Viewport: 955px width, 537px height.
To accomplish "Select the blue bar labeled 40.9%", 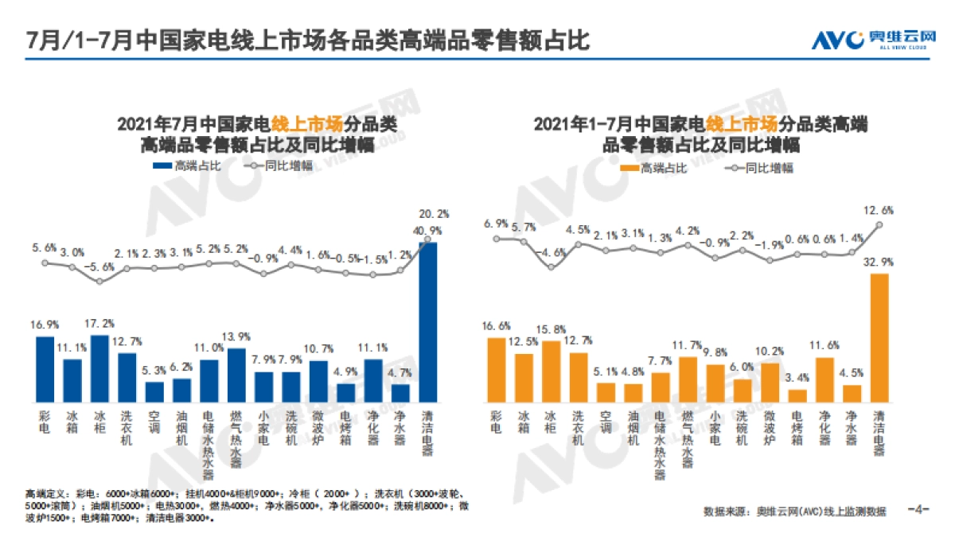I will pos(428,321).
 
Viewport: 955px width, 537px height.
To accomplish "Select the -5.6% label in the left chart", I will pos(100,267).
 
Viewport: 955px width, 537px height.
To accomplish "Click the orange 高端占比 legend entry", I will pos(649,168).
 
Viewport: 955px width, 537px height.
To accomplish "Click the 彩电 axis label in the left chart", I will pos(45,421).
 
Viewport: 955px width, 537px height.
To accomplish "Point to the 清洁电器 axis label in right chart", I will pos(879,433).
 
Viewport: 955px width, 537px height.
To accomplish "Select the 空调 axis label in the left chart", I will pos(154,421).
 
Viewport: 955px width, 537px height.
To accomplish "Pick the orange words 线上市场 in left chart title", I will pos(306,124).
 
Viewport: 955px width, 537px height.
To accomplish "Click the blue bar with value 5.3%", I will pos(154,391).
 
